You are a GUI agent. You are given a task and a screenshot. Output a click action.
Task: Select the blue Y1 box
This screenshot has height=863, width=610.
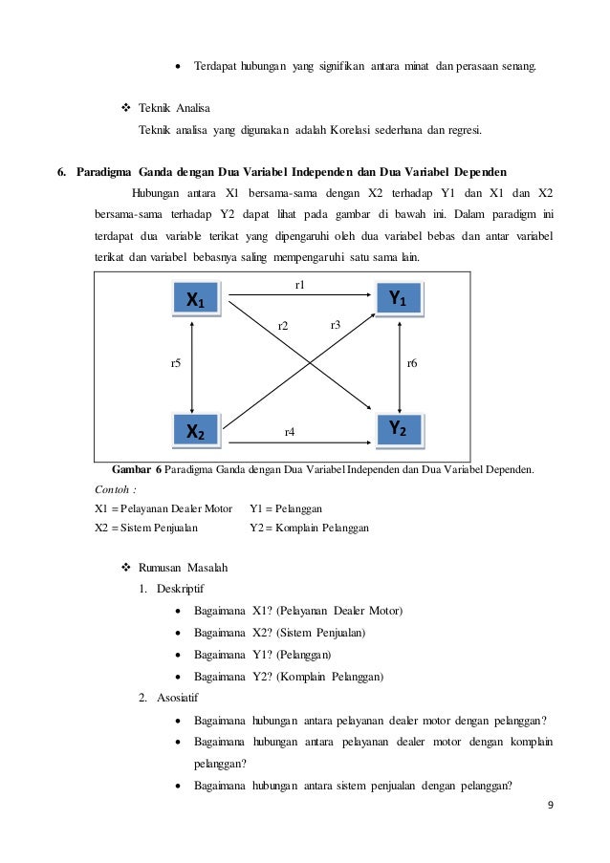coord(398,300)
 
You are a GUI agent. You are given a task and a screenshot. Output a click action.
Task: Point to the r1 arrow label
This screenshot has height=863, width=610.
coord(299,285)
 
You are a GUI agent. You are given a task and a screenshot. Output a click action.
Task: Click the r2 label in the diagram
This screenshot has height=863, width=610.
coord(283,327)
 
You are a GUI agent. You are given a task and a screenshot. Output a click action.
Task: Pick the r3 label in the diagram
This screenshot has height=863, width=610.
coord(336,325)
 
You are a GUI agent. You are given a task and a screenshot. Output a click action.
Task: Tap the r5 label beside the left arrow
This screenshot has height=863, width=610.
coord(176,364)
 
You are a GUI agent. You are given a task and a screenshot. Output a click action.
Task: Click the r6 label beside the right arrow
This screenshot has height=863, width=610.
coord(412,363)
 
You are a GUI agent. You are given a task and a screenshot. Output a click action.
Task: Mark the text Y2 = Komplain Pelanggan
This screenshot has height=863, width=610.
coord(310,528)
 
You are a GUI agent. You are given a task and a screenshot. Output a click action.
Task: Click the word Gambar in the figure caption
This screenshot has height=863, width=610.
coord(132,469)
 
